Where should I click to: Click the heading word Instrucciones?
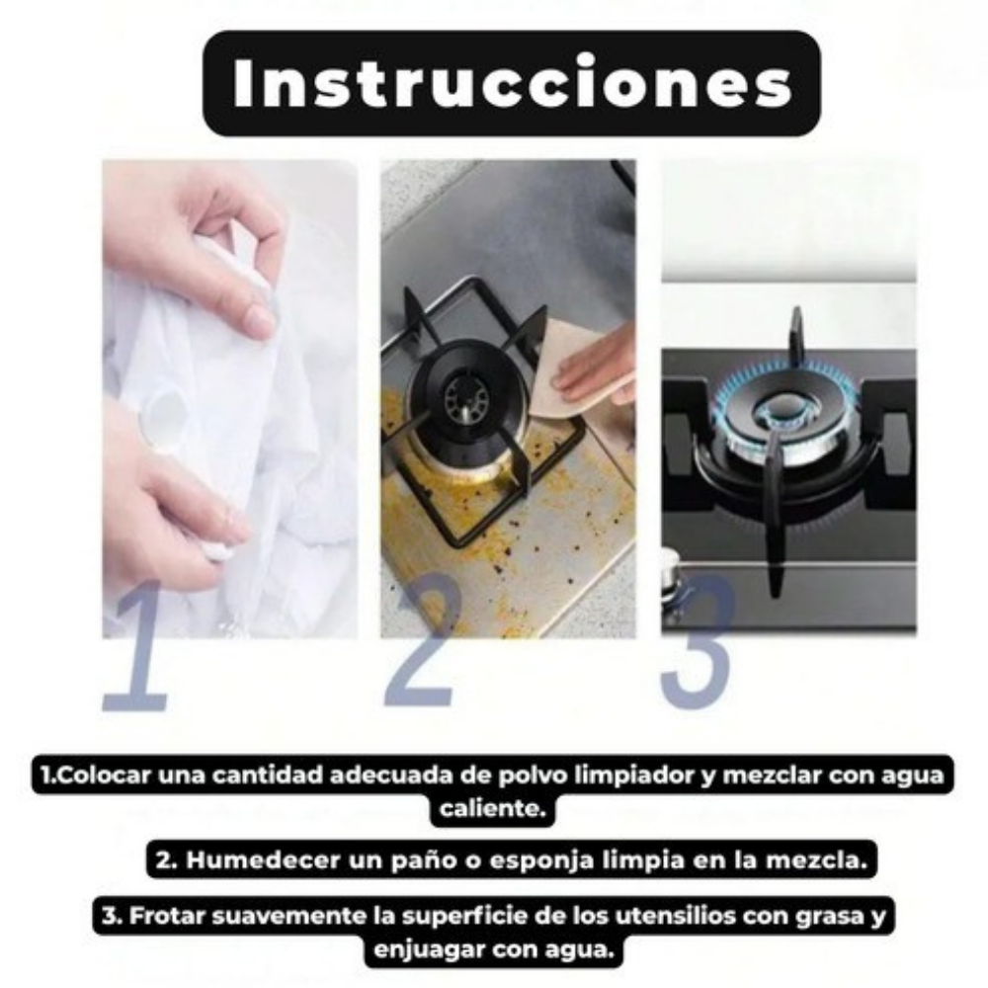512,84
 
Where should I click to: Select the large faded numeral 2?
422,639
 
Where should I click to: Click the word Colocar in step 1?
99,775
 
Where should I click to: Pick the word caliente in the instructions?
492,808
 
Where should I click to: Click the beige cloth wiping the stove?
570,371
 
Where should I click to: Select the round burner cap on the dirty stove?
467,397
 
